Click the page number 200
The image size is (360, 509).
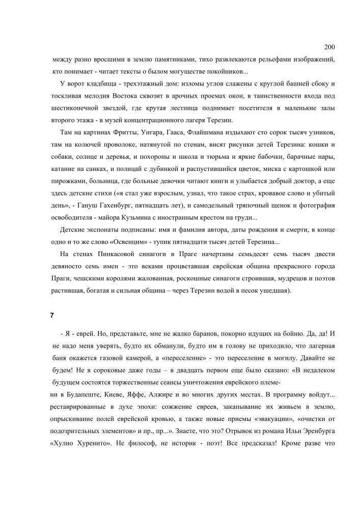pos(329,47)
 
